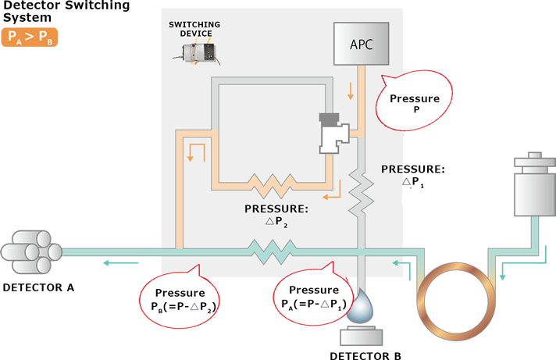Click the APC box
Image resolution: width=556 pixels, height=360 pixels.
click(362, 44)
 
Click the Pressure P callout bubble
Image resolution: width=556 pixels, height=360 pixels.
click(415, 101)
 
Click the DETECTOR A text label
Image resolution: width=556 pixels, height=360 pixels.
click(38, 287)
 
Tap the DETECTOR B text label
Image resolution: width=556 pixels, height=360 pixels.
click(365, 355)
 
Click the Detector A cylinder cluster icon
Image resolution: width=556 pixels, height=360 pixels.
click(30, 251)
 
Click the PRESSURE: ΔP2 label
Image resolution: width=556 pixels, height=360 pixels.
click(276, 215)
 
